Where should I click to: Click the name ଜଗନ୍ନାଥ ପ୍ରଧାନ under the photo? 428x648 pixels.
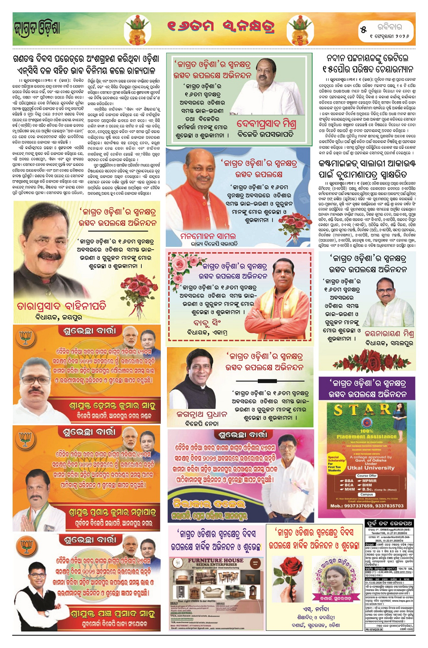(x=202, y=414)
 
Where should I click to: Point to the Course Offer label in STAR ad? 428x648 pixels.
(x=367, y=475)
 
